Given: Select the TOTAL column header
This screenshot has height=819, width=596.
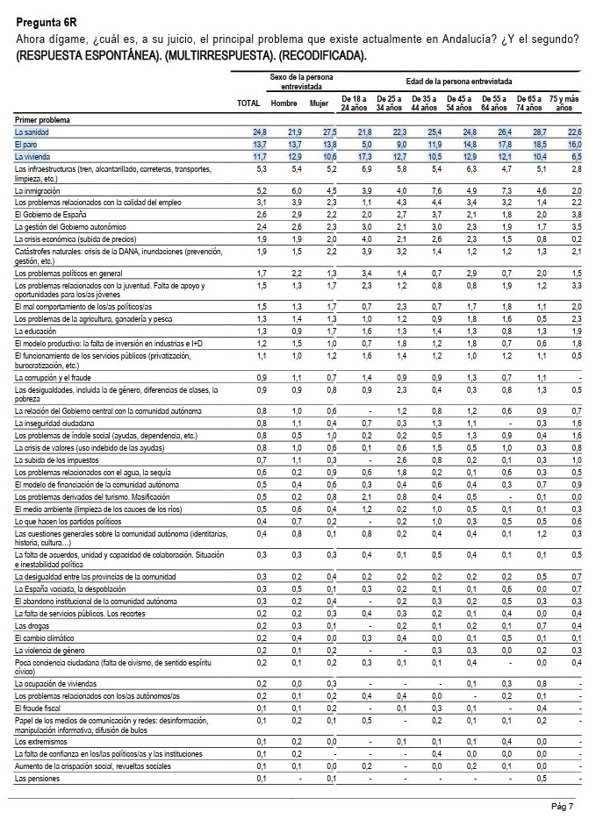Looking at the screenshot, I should pyautogui.click(x=249, y=103).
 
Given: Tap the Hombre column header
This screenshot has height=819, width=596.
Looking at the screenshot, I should pyautogui.click(x=284, y=103).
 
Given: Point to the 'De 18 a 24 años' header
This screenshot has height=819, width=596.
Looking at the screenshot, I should pyautogui.click(x=354, y=103).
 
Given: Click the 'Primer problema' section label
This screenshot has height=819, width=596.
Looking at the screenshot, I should pyautogui.click(x=42, y=118).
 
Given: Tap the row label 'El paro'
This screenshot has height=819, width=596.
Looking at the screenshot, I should pyautogui.click(x=27, y=143).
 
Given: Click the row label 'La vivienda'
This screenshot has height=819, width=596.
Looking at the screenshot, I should pyautogui.click(x=32, y=155).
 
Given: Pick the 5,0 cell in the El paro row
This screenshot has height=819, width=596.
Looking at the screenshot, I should pyautogui.click(x=360, y=143).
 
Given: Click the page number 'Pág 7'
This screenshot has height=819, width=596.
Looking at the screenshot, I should pyautogui.click(x=563, y=806).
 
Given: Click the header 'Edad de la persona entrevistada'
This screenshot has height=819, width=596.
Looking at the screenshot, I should pyautogui.click(x=459, y=80).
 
